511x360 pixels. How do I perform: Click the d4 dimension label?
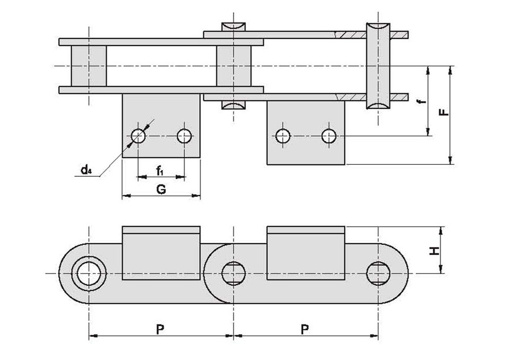pos(86,170)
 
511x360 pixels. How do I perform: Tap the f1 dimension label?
pos(159,170)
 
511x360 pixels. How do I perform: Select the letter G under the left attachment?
pos(161,189)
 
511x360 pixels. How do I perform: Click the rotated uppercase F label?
pos(443,112)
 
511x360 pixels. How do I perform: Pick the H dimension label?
pos(434,251)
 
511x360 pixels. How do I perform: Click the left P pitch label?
pos(159,330)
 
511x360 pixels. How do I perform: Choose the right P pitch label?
pos(304,330)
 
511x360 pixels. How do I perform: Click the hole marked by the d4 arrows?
pos(138,136)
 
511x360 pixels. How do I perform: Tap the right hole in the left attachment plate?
pos(184,136)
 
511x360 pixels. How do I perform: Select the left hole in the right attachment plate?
pos(283,136)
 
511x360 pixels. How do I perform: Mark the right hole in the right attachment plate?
pos(329,136)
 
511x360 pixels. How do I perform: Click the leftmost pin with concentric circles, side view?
pos(89,273)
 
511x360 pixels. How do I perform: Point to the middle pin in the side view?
pos(234,273)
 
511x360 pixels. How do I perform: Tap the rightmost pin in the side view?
pos(378,273)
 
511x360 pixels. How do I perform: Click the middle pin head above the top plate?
pos(234,27)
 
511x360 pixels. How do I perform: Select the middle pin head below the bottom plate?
pos(234,104)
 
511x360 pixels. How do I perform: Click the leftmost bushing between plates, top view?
pos(89,66)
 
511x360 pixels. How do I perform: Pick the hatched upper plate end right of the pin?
pos(399,34)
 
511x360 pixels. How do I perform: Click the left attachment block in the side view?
pos(161,253)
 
